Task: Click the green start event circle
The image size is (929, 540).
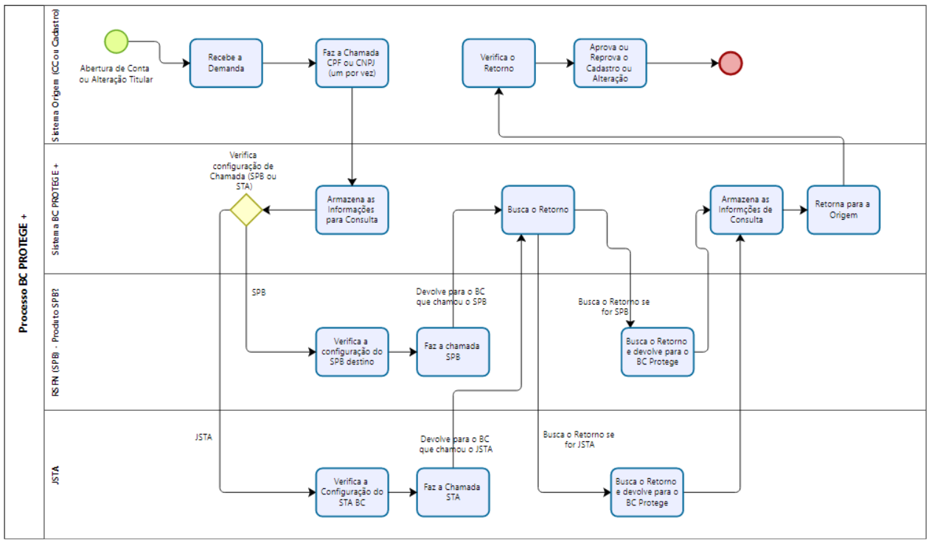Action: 116,41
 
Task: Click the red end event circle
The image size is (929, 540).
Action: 731,63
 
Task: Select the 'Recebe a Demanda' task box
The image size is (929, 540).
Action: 226,63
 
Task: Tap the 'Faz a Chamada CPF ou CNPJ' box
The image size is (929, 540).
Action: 352,63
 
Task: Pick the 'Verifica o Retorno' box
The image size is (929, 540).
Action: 498,63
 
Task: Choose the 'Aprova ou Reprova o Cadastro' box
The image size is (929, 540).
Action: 610,63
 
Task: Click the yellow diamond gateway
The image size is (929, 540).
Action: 246,210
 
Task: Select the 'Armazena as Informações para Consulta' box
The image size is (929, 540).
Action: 352,210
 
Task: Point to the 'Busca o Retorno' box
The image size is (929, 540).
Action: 537,210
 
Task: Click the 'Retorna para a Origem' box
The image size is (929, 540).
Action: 843,210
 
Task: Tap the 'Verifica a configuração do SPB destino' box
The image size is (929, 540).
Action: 352,352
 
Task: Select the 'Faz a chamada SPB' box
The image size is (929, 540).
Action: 453,352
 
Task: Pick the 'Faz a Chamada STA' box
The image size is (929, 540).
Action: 453,492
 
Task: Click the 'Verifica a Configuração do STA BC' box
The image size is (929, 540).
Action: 352,492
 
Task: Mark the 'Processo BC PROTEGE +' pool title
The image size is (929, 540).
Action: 24,273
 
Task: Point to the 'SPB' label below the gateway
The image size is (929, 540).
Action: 259,292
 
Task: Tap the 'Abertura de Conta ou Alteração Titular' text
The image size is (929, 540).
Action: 116,74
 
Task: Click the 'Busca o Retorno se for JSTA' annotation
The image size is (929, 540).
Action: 579,440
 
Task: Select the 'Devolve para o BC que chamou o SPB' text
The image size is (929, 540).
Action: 452,297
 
